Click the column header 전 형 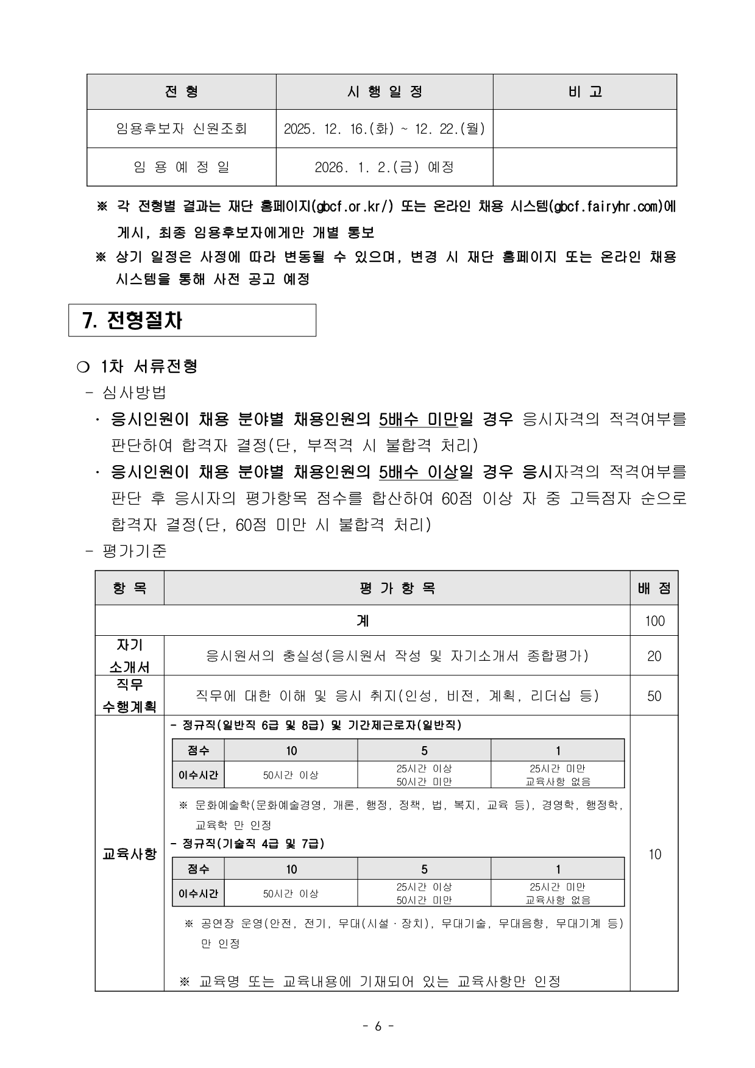[x=181, y=92]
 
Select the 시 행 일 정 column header [x=385, y=92]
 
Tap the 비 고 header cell [x=584, y=92]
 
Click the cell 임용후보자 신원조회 [x=181, y=129]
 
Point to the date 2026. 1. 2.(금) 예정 [x=385, y=166]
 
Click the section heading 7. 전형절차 [x=132, y=321]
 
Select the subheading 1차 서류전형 [x=149, y=366]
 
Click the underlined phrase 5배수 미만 [x=418, y=419]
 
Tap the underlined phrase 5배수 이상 [x=418, y=472]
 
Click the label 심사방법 [x=135, y=392]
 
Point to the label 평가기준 [x=135, y=551]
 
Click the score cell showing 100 [x=654, y=621]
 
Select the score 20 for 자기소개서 [x=654, y=656]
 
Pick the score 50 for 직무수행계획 [x=654, y=696]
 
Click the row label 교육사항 [x=129, y=854]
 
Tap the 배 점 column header [x=654, y=588]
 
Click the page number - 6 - [x=378, y=1026]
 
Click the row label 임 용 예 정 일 [x=181, y=166]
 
